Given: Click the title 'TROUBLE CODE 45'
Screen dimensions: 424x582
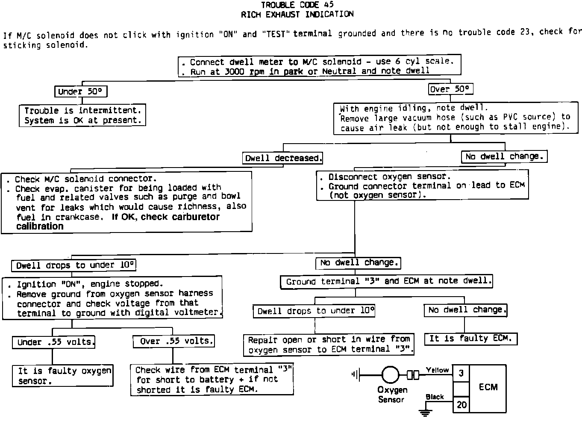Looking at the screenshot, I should (297, 5).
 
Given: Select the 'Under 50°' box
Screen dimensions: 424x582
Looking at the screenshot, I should (80, 91).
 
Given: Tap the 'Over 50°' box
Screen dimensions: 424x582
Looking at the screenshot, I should (450, 89).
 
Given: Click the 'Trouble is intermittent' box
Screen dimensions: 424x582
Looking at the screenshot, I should (82, 115).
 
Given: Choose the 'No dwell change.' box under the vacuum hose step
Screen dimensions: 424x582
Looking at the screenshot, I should (504, 156).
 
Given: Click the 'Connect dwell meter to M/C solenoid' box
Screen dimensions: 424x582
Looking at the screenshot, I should (319, 66).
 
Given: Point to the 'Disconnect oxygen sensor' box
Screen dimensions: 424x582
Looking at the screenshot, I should (422, 185).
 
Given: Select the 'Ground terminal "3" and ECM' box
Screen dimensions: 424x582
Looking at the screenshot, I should (386, 281).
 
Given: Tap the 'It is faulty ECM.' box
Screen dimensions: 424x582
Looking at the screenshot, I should (470, 339).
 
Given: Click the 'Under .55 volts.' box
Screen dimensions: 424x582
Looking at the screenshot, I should (54, 342).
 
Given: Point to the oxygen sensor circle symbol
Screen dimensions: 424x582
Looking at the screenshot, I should (390, 375).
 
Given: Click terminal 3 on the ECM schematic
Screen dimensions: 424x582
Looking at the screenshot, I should (461, 373).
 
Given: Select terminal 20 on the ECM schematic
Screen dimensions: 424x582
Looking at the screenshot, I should (461, 404).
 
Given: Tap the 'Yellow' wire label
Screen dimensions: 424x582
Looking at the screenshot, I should (437, 370).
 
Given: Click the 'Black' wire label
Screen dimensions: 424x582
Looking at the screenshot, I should (435, 397).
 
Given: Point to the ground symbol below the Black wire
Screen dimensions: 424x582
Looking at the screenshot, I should (425, 413).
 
